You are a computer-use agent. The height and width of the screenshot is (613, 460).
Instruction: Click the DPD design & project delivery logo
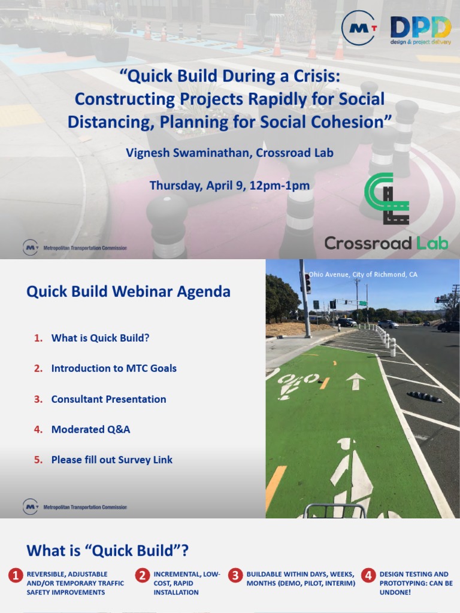pos(420,31)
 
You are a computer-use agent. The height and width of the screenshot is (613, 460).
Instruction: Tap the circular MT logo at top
pos(359,28)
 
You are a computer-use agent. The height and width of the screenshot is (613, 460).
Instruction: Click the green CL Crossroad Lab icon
pos(387,199)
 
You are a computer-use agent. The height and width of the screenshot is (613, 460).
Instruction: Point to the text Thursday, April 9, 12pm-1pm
pos(229,185)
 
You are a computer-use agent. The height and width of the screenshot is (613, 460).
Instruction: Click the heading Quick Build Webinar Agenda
pos(128,292)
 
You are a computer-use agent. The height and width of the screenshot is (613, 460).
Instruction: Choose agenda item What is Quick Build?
pos(100,338)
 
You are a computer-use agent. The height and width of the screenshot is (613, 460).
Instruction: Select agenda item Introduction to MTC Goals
pos(114,368)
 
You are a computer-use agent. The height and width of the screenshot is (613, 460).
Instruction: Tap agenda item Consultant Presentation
pos(108,399)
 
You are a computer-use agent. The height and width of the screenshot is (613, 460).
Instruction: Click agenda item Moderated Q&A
pos(90,429)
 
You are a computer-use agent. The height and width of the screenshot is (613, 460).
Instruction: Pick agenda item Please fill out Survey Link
pos(111,460)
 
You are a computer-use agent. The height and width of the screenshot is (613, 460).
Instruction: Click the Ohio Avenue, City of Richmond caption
pos(363,274)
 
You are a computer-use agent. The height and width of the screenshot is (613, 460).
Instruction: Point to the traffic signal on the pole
pos(308,283)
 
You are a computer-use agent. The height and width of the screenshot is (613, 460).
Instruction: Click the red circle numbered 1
pos(16,576)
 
